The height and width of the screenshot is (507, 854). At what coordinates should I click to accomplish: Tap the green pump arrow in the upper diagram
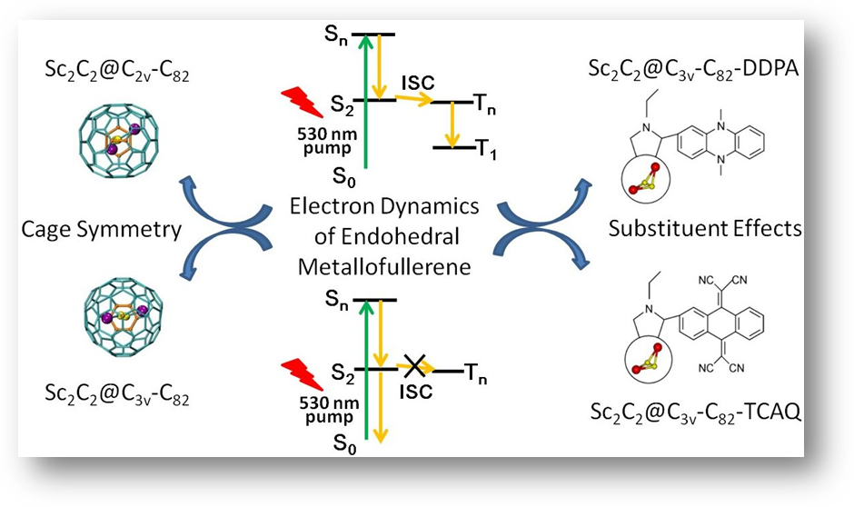(x=363, y=100)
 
